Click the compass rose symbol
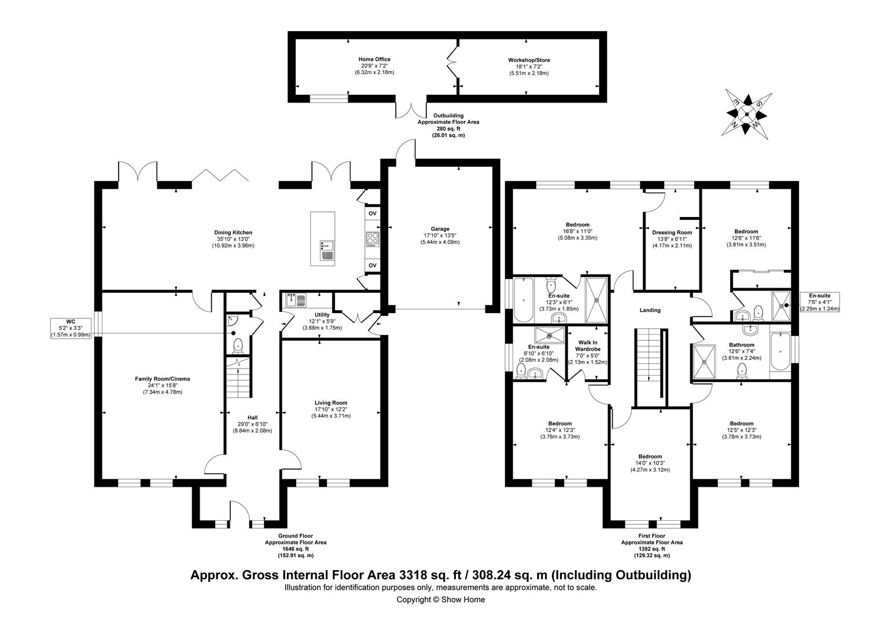pyautogui.click(x=747, y=115)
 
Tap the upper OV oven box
pyautogui.click(x=373, y=214)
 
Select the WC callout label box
pyautogui.click(x=71, y=327)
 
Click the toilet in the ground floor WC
pyautogui.click(x=237, y=346)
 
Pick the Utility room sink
pyautogui.click(x=296, y=300)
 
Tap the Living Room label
pyautogui.click(x=331, y=409)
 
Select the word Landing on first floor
pyautogui.click(x=650, y=310)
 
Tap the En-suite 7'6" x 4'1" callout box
pyautogui.click(x=819, y=302)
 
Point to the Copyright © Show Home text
pyautogui.click(x=440, y=600)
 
